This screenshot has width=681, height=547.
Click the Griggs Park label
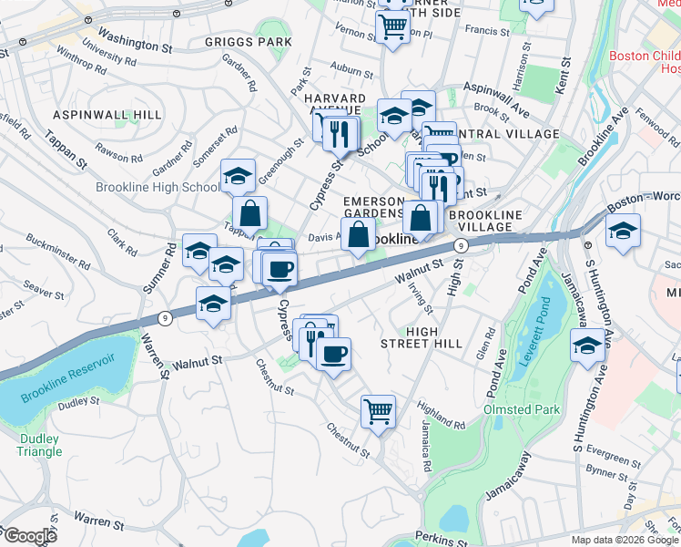click(x=249, y=42)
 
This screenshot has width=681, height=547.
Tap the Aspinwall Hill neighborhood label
click(x=107, y=115)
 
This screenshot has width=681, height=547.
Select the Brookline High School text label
click(x=158, y=188)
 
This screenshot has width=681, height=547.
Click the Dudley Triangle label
click(x=39, y=444)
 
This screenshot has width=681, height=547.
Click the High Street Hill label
click(x=434, y=337)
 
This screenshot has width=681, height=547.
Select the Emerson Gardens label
click(x=372, y=207)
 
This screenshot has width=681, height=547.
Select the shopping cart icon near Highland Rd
click(x=378, y=410)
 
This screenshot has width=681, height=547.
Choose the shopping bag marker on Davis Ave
click(x=359, y=233)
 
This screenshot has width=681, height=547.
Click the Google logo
click(x=30, y=536)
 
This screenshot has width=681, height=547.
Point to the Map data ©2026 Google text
click(x=625, y=540)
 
